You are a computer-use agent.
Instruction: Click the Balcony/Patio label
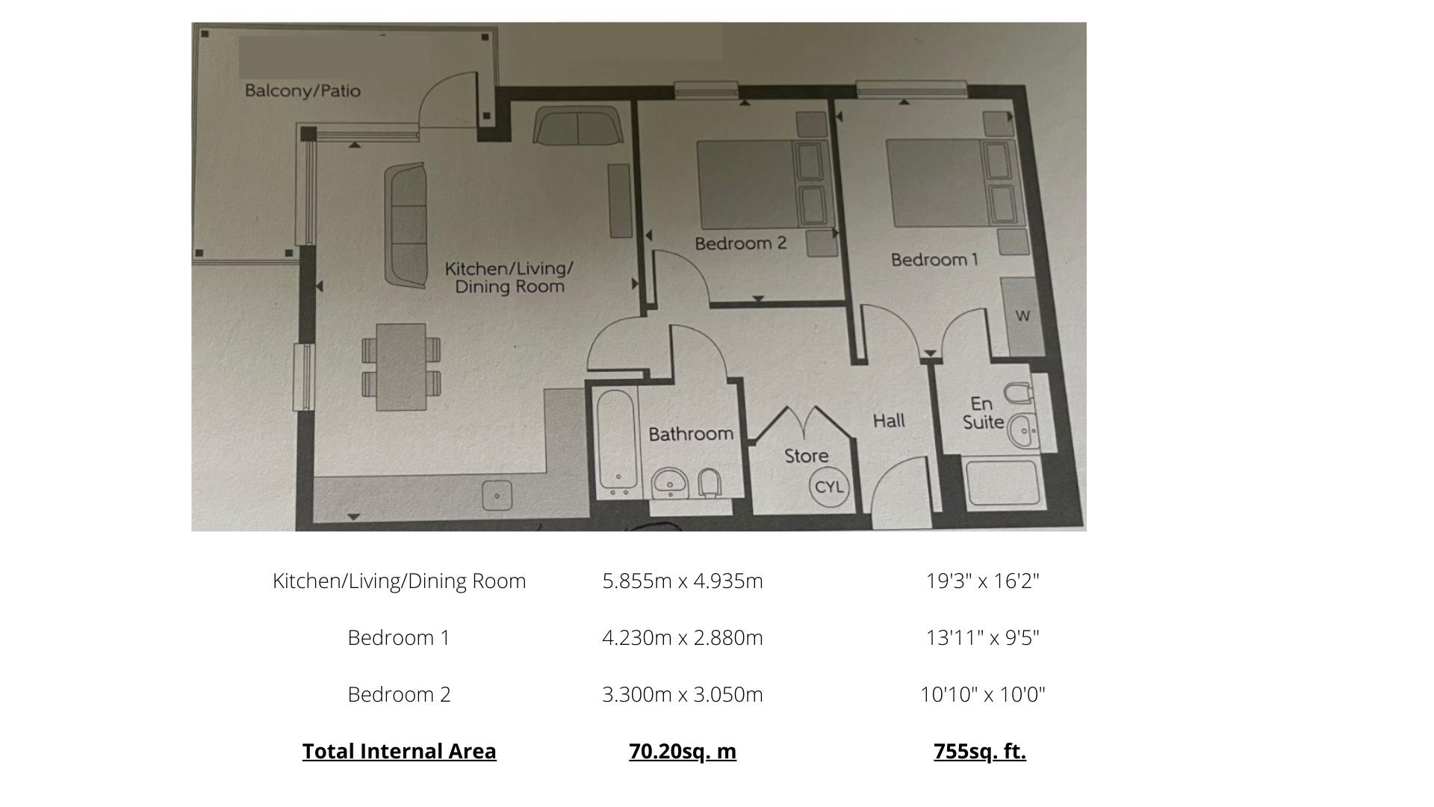point(302,91)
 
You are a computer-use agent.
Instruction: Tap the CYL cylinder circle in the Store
point(828,487)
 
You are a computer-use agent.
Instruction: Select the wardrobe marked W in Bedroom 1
point(1022,316)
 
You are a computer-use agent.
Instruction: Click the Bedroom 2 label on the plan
point(740,244)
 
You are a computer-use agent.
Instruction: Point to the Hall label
point(889,421)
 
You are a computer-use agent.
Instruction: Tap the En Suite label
point(983,413)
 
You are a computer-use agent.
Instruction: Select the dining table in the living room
point(401,367)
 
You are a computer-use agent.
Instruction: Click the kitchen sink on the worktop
point(497,495)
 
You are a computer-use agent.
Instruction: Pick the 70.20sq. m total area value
point(683,751)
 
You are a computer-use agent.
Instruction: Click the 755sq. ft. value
point(980,751)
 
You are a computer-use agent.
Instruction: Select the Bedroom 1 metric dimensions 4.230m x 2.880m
point(683,637)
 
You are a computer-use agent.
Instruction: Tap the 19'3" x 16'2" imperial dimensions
point(982,581)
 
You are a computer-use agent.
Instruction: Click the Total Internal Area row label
point(399,751)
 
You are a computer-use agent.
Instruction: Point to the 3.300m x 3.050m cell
point(683,694)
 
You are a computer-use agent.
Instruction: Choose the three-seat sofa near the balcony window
point(406,226)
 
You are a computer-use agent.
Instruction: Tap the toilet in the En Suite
point(1019,392)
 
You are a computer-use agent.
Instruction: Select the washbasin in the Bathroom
point(670,483)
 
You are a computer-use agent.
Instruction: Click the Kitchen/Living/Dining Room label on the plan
point(509,277)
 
